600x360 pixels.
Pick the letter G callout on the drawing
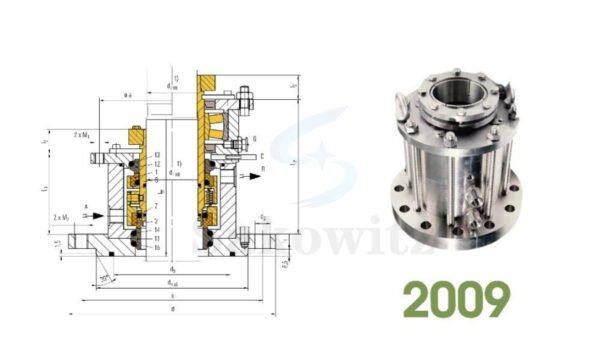tap(257, 135)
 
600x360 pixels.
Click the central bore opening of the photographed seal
tap(451, 107)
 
